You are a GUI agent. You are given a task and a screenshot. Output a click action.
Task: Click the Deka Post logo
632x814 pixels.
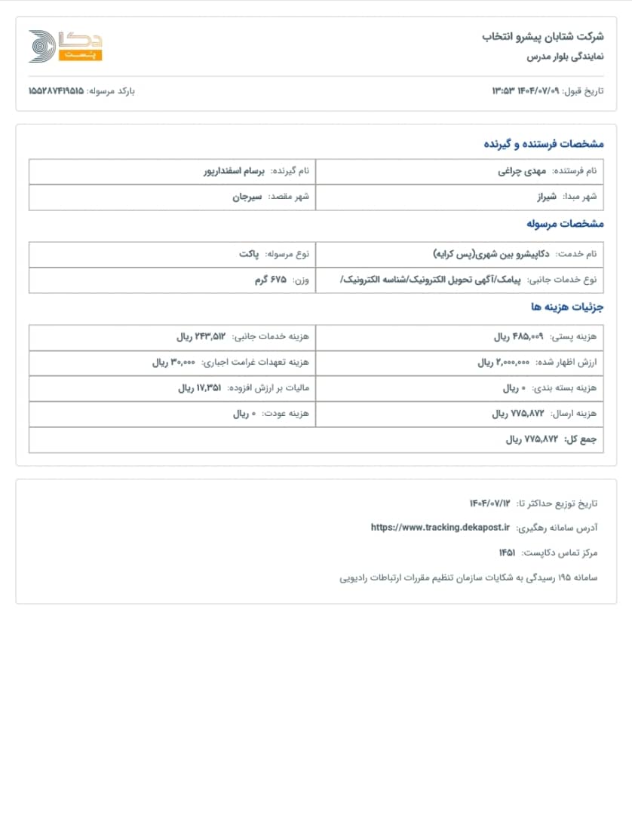click(65, 46)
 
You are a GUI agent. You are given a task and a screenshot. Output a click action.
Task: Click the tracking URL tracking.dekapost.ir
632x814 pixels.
click(440, 528)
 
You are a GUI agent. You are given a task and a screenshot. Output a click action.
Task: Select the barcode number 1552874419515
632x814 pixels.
click(56, 90)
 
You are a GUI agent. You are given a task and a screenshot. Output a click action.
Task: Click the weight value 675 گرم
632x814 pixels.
click(272, 280)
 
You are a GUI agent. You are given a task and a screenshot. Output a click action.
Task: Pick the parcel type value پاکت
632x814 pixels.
click(250, 254)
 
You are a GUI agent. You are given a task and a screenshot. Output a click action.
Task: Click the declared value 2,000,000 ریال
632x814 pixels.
click(505, 363)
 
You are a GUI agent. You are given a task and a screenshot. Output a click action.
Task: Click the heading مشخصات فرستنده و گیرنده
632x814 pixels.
click(543, 143)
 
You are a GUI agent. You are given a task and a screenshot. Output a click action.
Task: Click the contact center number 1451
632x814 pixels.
click(507, 552)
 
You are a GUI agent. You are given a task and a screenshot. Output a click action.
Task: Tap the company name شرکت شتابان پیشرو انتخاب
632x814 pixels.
click(543, 36)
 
